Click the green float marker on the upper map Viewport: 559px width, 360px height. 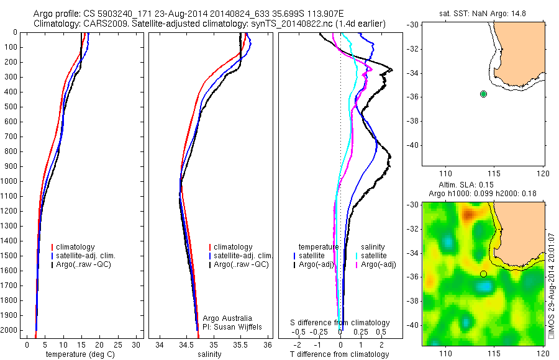tap(483, 94)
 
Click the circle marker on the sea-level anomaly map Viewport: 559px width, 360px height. tap(483, 274)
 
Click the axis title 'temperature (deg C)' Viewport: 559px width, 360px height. tap(81, 354)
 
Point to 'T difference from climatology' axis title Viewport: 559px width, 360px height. tap(339, 354)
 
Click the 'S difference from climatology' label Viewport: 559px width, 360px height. tap(340, 323)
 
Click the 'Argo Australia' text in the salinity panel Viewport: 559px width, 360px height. tap(224, 318)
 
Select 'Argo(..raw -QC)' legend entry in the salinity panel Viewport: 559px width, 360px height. tap(241, 264)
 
